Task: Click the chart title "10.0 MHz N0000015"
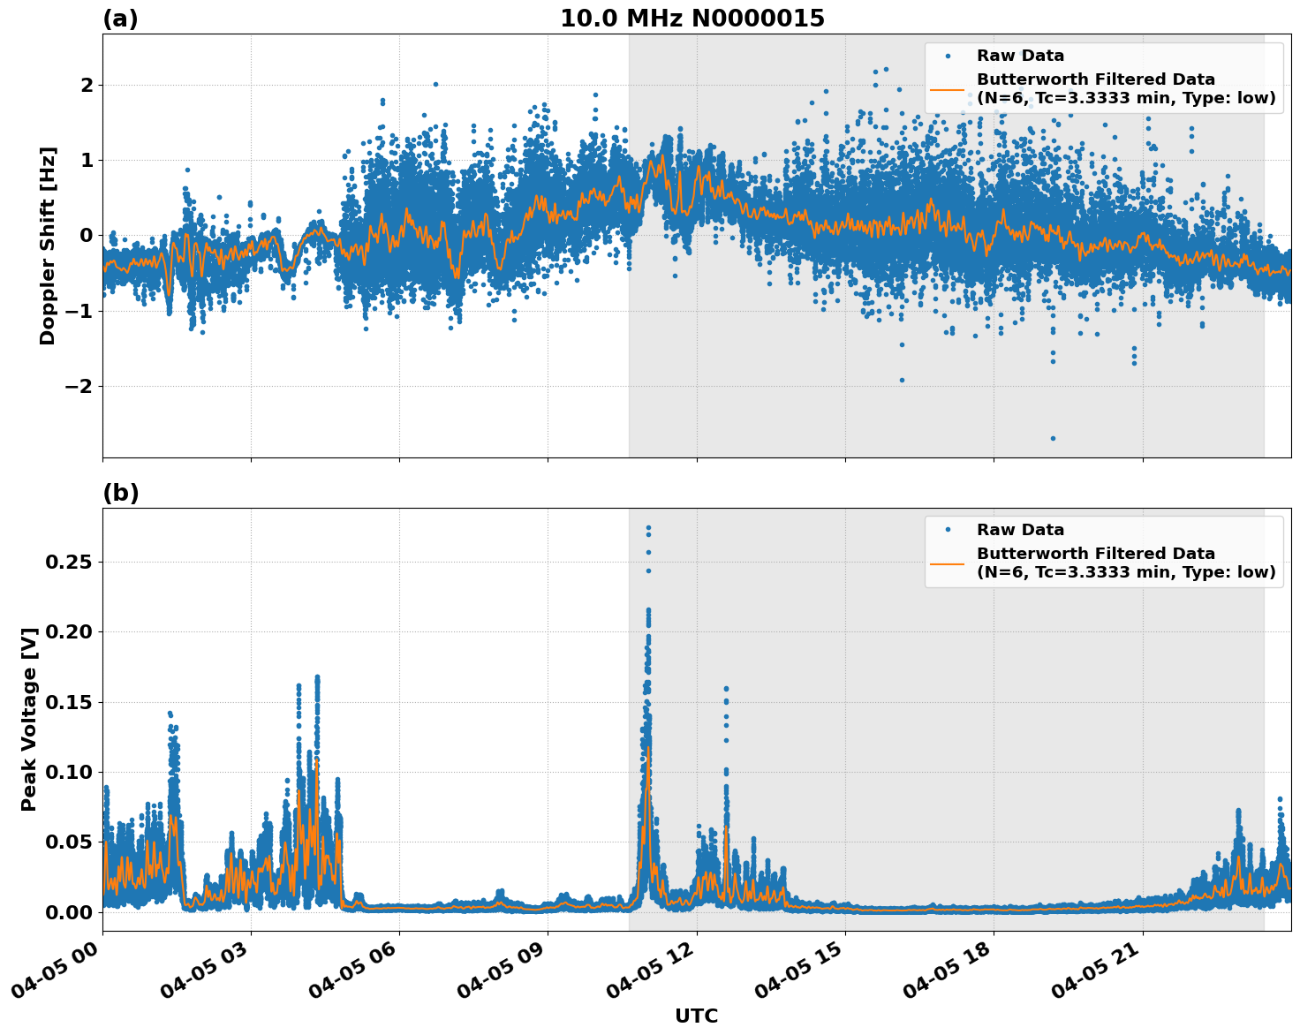tap(692, 19)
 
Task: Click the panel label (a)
tap(120, 19)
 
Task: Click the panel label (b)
tap(120, 493)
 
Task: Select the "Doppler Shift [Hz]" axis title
tap(48, 246)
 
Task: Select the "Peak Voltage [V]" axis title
tap(29, 719)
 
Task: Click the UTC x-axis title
tap(696, 1016)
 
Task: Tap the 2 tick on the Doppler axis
tap(87, 85)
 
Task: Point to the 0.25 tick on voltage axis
tap(69, 562)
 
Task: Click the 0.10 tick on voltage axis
tap(69, 772)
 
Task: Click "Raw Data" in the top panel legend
tap(1020, 56)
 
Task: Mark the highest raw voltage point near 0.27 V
tap(648, 528)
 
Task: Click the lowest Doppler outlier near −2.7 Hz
tap(1053, 438)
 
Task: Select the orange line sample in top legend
tap(948, 89)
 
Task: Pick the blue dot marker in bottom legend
tap(948, 530)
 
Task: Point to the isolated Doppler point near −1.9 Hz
tap(902, 380)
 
